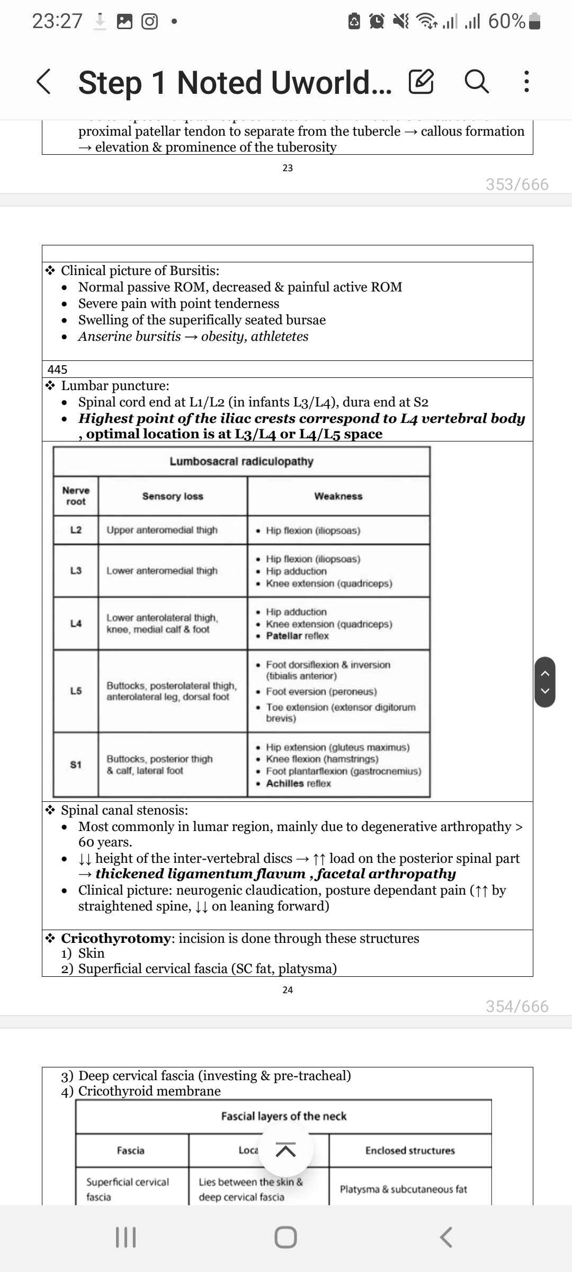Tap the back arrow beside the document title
[x=44, y=82]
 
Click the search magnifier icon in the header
[x=476, y=82]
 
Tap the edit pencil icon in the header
[x=422, y=82]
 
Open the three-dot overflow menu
[x=526, y=82]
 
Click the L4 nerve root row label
[x=76, y=623]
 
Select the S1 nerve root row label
[x=76, y=764]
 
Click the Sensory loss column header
[x=173, y=496]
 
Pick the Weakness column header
[x=338, y=496]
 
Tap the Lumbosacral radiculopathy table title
[x=242, y=461]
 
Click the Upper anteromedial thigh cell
[x=162, y=530]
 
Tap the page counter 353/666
[x=517, y=184]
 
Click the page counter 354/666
[x=517, y=1006]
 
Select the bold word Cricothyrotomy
[x=115, y=938]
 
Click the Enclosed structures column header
[x=410, y=1151]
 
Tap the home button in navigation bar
[x=285, y=1238]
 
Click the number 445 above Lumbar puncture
[x=57, y=369]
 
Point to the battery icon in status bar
[x=535, y=21]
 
